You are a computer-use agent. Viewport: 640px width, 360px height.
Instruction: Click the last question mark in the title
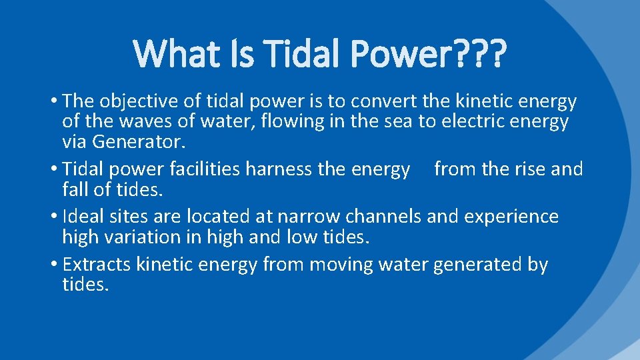pyautogui.click(x=495, y=53)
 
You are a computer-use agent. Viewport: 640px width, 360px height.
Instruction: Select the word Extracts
pyautogui.click(x=97, y=265)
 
